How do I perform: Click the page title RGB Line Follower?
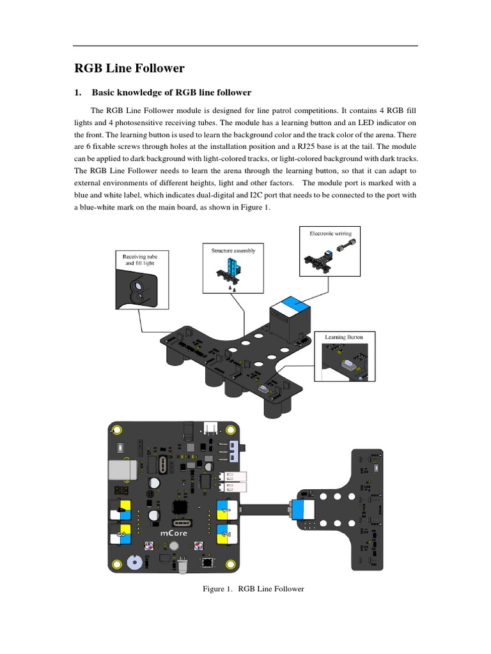click(x=130, y=68)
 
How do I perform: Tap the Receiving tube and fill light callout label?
click(x=139, y=259)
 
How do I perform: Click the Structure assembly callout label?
click(x=233, y=250)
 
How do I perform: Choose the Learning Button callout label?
click(x=344, y=337)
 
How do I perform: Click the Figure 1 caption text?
click(x=253, y=589)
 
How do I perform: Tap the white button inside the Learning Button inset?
click(x=349, y=364)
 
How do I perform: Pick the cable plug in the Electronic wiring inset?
click(x=345, y=248)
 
